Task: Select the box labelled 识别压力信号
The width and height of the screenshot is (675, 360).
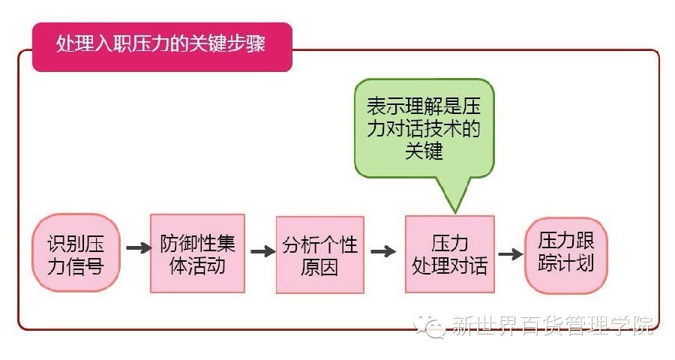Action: [75, 253]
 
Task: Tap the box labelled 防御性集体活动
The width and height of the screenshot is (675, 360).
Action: [197, 253]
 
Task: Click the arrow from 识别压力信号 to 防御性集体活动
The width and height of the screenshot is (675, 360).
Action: [138, 247]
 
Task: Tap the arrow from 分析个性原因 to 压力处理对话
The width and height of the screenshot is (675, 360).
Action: [382, 251]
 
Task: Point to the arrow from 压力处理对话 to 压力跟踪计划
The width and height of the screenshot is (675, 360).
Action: [510, 253]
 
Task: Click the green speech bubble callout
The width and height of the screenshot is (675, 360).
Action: [424, 127]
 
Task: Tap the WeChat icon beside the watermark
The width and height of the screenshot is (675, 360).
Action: [433, 325]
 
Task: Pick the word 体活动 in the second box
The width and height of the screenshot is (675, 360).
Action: [197, 265]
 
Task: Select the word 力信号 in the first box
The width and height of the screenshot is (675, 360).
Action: [75, 265]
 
